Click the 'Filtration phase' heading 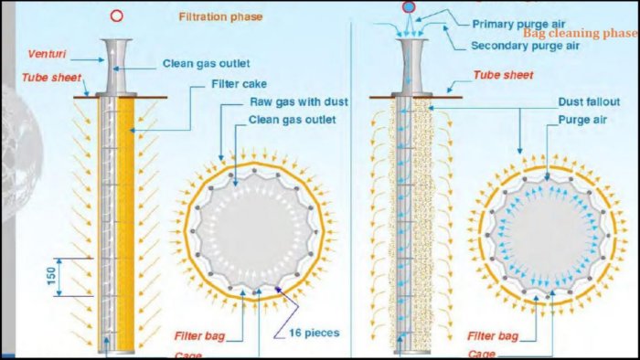pos(220,16)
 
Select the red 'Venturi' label pos(47,54)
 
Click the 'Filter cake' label pos(239,84)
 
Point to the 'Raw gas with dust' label pos(299,102)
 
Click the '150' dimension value pos(51,277)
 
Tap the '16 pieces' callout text pos(315,334)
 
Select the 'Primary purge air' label pos(518,24)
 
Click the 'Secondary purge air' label pos(526,46)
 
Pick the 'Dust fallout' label pos(589,102)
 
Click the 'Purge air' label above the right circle pos(582,120)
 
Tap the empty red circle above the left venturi pos(117,16)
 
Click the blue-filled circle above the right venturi pos(409,7)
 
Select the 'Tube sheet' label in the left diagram pos(51,78)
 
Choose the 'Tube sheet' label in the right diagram pos(503,75)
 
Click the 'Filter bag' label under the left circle pos(199,336)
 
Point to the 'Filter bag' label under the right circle pos(493,336)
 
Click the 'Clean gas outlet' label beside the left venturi pos(206,64)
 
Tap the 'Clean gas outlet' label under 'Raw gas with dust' pos(293,120)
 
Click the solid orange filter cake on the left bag pos(125,224)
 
